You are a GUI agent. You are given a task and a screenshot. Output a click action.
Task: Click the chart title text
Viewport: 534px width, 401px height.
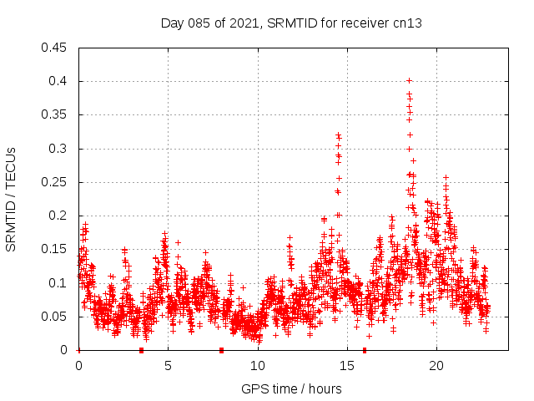(290, 23)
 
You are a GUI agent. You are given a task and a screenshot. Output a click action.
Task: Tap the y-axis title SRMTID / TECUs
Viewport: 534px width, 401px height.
(11, 199)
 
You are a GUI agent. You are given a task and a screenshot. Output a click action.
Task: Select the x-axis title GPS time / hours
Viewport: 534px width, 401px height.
(291, 388)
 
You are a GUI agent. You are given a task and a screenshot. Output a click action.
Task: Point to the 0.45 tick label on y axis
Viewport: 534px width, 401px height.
(56, 48)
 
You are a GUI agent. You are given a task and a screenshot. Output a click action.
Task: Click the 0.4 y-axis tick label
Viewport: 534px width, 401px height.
(59, 81)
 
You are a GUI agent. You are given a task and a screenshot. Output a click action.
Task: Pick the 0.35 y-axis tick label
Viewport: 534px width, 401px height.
(56, 114)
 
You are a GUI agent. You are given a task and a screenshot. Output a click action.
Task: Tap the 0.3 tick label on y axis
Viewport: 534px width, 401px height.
(59, 149)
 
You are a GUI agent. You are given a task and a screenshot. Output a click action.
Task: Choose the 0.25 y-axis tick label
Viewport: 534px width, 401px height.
(56, 182)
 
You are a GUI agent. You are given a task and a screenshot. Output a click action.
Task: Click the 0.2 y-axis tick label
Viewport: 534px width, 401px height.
(59, 216)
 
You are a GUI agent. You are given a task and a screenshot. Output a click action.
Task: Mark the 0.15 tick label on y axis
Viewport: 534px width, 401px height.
(56, 249)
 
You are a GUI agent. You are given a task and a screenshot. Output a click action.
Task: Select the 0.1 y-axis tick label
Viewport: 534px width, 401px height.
(59, 283)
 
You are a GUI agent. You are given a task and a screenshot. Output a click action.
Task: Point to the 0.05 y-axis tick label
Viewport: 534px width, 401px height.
(56, 317)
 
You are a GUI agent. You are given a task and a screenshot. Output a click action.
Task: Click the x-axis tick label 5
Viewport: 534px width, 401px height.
(168, 366)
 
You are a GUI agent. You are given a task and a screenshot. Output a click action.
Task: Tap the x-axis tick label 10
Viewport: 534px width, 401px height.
(258, 366)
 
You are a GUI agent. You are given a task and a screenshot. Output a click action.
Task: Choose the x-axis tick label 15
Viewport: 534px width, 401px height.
(347, 366)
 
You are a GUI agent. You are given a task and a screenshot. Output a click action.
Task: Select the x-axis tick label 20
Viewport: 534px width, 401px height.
(436, 366)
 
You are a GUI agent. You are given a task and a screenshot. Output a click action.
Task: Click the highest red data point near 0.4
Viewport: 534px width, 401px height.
(409, 81)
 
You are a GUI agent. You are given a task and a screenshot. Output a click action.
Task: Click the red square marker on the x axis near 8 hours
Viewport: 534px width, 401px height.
(221, 350)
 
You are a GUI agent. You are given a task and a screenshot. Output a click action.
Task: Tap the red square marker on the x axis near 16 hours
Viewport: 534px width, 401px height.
(365, 350)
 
